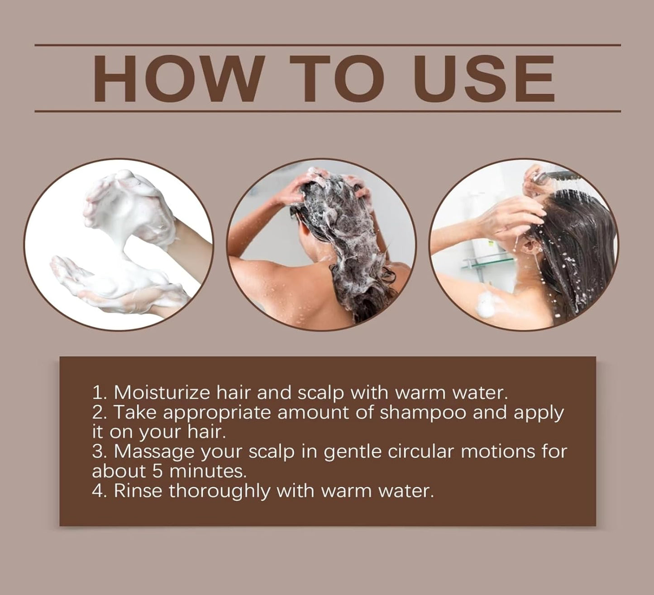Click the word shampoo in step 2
coord(423,413)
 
